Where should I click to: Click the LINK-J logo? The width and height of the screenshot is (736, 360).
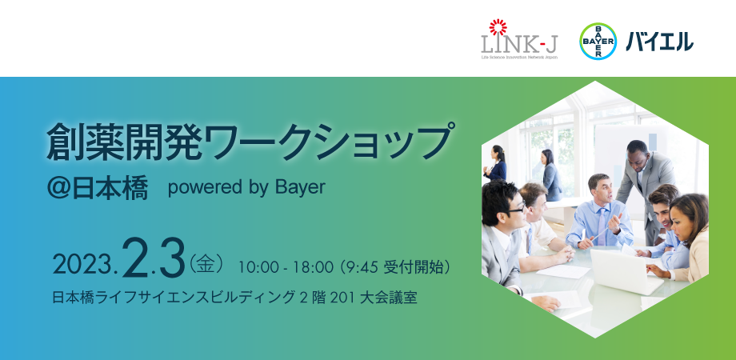pyautogui.click(x=520, y=39)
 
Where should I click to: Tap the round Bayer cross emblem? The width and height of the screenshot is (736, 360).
pyautogui.click(x=598, y=41)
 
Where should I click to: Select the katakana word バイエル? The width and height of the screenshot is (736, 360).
pyautogui.click(x=659, y=42)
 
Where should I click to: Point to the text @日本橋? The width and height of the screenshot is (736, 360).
pyautogui.click(x=98, y=188)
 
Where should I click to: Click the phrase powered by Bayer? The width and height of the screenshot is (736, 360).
pyautogui.click(x=246, y=188)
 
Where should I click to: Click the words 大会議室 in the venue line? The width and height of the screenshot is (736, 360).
pyautogui.click(x=388, y=298)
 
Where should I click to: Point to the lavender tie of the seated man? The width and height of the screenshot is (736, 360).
pyautogui.click(x=601, y=226)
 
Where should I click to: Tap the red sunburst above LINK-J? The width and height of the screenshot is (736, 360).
pyautogui.click(x=498, y=27)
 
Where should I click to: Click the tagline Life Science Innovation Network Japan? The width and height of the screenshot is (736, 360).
pyautogui.click(x=520, y=58)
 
